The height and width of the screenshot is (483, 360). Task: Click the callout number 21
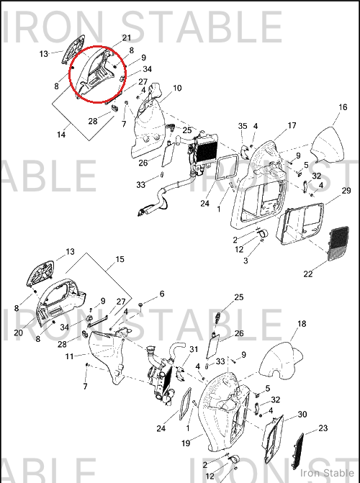pos(127,38)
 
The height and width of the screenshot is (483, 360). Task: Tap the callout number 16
pos(343,107)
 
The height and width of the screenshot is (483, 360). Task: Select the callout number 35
pos(243,126)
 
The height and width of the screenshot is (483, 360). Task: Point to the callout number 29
pos(346,191)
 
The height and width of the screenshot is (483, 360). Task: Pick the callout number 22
pos(308,274)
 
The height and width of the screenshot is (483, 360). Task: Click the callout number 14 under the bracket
pos(61,135)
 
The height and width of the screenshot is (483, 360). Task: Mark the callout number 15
pos(120,259)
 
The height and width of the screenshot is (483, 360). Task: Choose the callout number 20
pos(19,333)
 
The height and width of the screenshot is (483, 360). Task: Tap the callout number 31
pos(194,349)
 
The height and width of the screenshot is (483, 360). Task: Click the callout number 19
pos(186,443)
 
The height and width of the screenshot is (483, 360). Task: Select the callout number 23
pos(323,428)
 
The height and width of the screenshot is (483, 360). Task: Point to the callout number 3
pos(246,261)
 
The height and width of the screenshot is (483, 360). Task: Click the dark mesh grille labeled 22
pos(338,243)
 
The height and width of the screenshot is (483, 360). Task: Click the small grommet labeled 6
pos(141,304)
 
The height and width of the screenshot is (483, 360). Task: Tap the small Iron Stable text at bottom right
pos(327,473)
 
